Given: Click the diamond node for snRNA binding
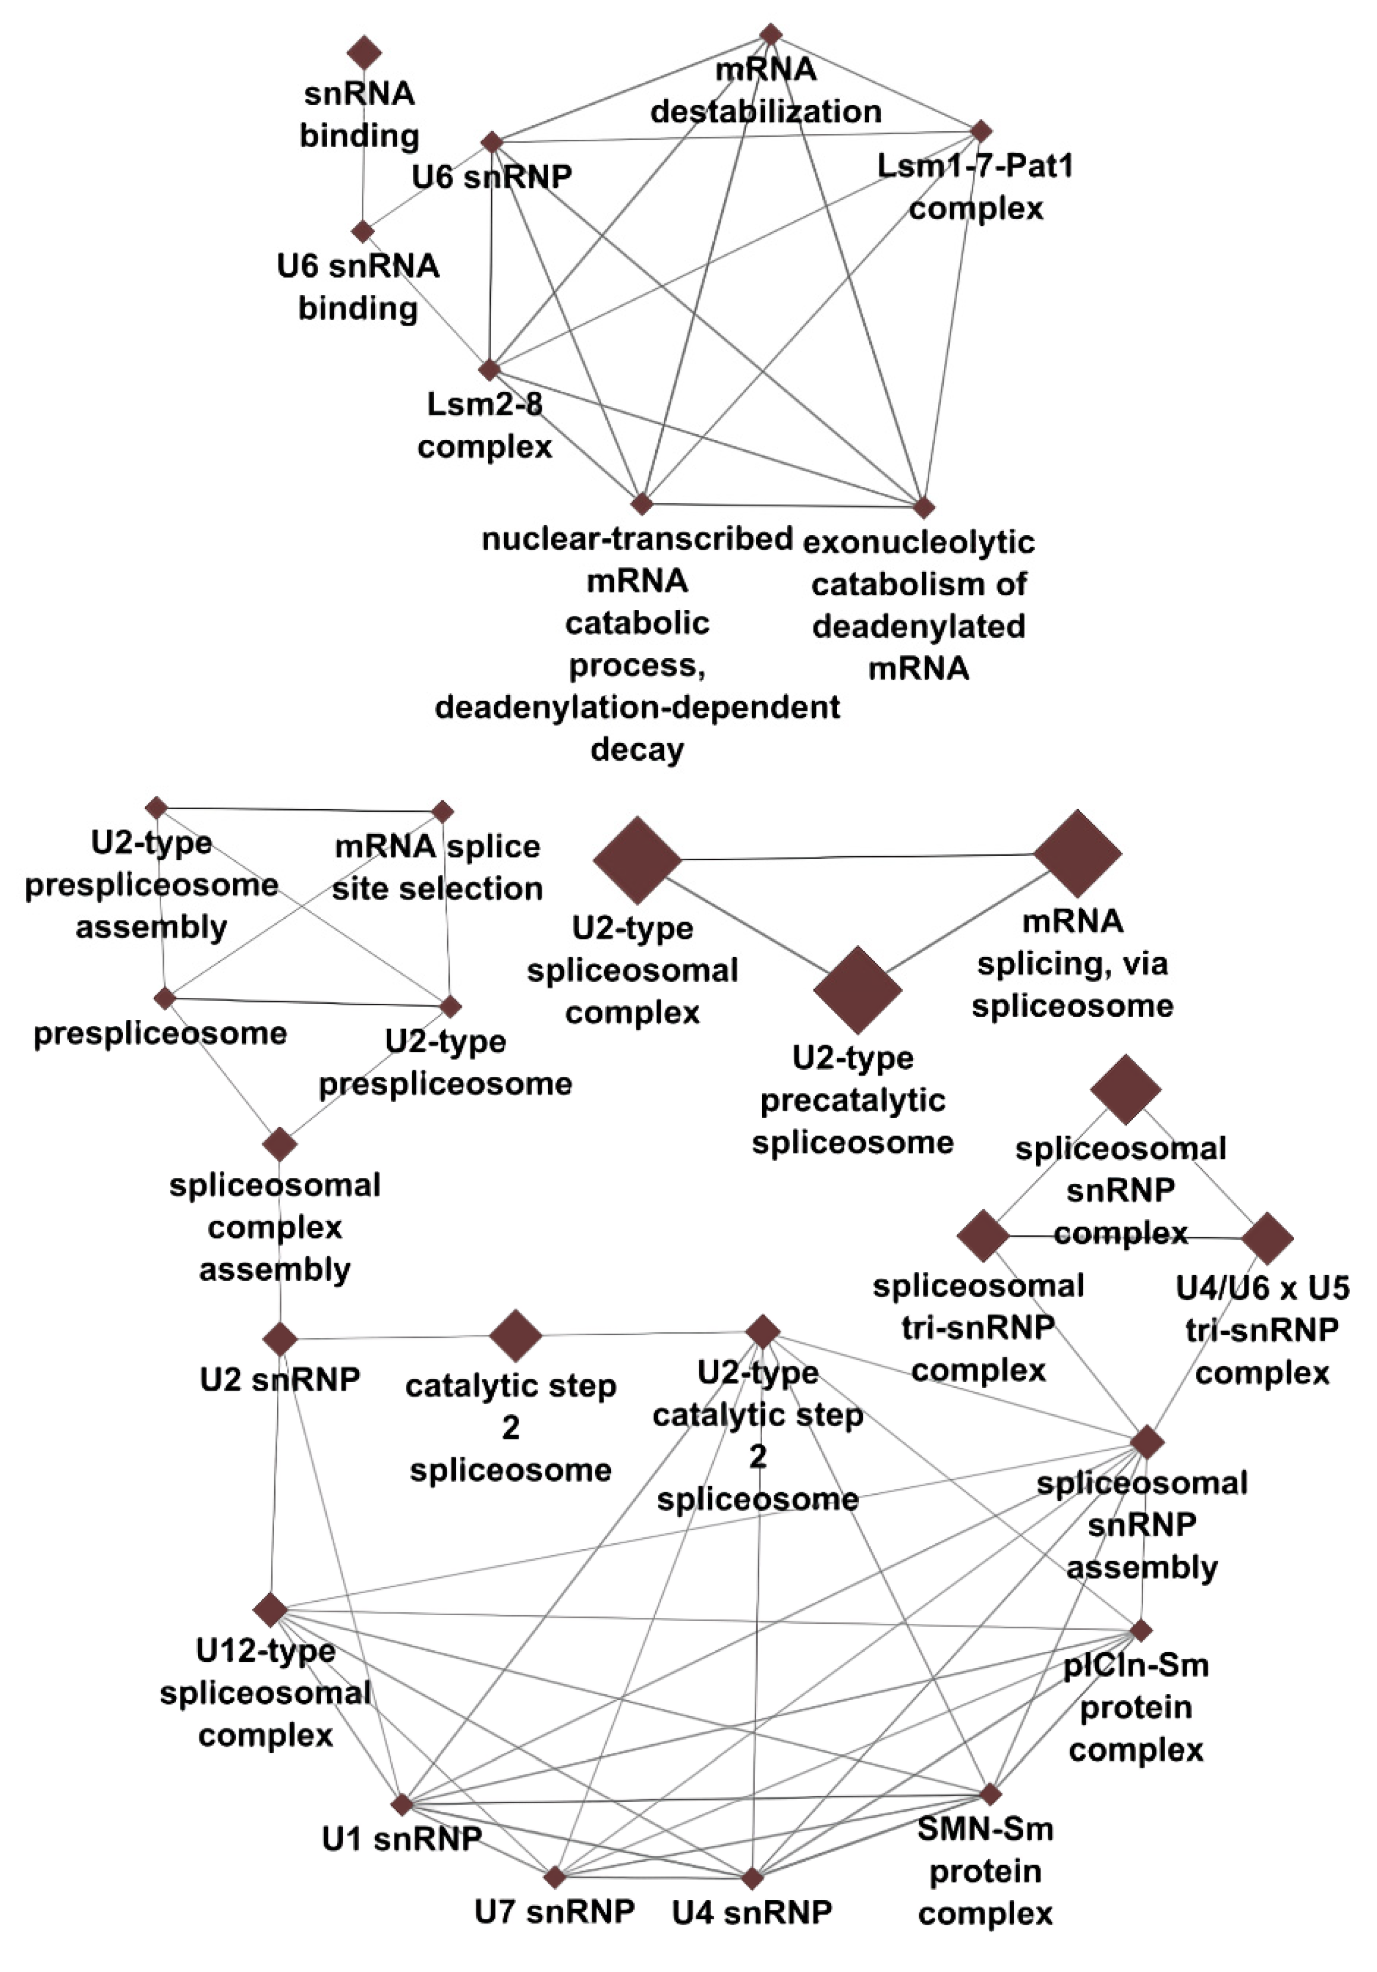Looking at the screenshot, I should [x=364, y=53].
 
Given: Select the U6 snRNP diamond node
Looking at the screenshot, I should [x=491, y=142].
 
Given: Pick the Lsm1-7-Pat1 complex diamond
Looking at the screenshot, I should [x=981, y=131].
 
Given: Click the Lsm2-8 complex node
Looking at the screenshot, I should [x=489, y=369].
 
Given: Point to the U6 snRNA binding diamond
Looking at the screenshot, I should [x=362, y=231].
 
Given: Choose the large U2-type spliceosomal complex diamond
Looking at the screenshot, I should [x=636, y=860].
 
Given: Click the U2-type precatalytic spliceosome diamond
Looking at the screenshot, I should [x=857, y=989].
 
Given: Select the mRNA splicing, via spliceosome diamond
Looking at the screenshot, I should [x=1077, y=853].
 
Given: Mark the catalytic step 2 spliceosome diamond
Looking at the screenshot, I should [x=515, y=1336].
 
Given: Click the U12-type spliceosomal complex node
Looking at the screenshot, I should [x=270, y=1609].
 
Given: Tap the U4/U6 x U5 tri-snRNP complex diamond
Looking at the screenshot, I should [x=1267, y=1237].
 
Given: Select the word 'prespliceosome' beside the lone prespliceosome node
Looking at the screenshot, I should [x=160, y=1033].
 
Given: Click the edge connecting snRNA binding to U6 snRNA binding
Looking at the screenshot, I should [x=363, y=142].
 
